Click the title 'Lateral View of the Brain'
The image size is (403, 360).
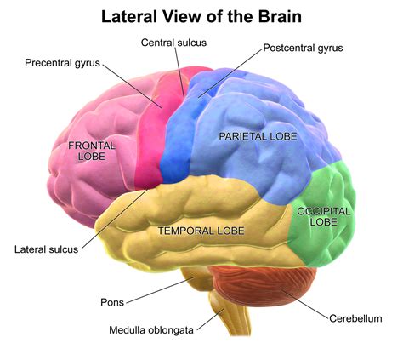201,16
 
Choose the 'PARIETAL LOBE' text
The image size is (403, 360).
260,136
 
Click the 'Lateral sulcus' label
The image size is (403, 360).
46,249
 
